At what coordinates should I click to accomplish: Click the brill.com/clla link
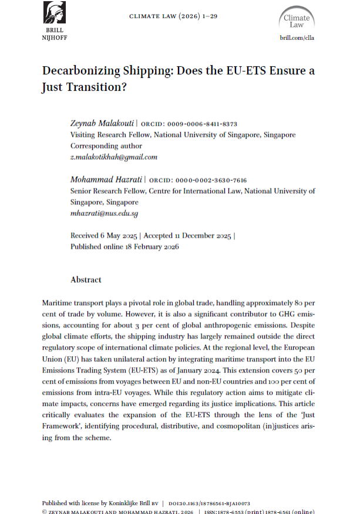point(298,38)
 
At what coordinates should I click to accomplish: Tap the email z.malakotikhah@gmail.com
point(113,157)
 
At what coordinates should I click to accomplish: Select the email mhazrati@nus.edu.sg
point(104,214)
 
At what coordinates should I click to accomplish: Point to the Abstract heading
point(86,280)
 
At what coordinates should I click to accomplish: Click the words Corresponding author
point(106,146)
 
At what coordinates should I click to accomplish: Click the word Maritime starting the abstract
point(58,303)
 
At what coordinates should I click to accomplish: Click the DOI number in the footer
point(210,503)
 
